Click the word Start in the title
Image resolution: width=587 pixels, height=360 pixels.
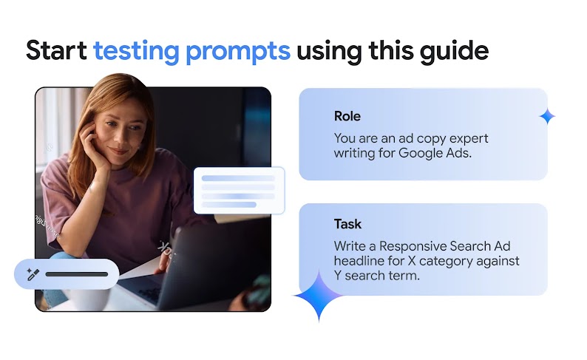click(56, 50)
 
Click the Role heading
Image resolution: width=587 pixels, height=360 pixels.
click(347, 116)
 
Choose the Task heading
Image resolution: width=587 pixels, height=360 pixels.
click(347, 224)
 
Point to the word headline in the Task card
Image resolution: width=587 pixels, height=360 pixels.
click(359, 261)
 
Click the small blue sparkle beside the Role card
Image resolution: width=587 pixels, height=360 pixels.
click(547, 116)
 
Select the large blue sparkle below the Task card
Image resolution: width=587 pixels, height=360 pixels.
click(319, 296)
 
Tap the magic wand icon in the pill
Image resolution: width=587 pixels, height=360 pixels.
click(32, 274)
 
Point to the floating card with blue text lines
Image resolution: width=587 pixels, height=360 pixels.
click(239, 191)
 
